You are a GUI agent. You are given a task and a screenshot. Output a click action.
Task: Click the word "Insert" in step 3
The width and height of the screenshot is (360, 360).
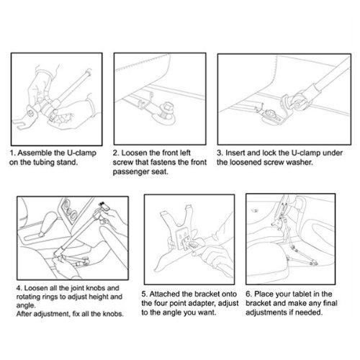(235, 153)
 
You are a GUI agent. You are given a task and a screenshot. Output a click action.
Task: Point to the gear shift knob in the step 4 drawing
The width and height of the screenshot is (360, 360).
(50, 221)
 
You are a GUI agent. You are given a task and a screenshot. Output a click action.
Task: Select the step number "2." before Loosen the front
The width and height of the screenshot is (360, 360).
(116, 153)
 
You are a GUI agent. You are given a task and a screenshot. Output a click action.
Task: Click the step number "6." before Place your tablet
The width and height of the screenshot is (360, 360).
(249, 294)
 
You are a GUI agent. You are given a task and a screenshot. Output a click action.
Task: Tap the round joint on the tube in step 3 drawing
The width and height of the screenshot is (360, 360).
(297, 102)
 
